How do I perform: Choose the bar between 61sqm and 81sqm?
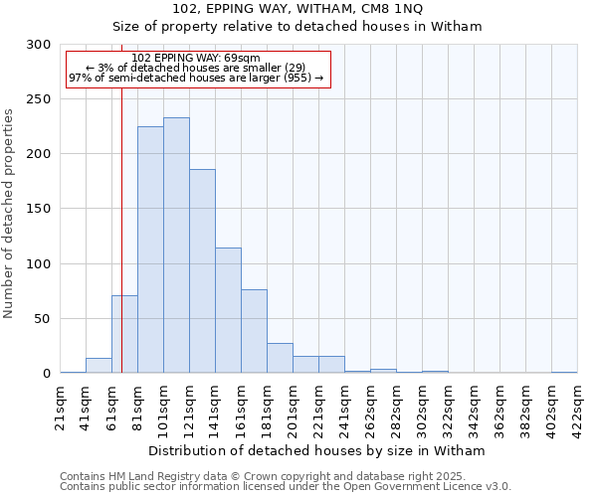point(124,334)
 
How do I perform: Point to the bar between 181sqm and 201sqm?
point(280,358)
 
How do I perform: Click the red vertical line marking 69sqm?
point(121,219)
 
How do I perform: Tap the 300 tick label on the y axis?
point(39,45)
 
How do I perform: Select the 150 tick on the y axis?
point(39,210)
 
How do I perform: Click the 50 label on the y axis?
point(43,319)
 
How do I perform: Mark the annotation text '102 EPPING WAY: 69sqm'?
point(196,58)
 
